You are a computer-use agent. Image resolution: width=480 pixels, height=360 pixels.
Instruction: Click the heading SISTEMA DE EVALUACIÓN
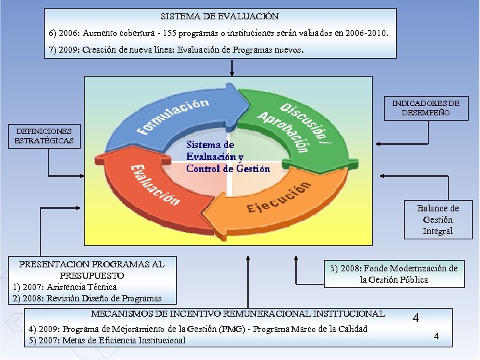coord(219,16)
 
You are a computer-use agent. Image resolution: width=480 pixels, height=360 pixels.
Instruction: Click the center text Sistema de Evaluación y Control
coord(228,157)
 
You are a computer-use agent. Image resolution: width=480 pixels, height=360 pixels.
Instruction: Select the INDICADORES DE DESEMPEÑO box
coord(425,108)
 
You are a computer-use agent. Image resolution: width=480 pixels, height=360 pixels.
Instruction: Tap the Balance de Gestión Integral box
coord(437,219)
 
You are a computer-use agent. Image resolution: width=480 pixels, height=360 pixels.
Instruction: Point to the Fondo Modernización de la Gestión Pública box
coord(394,273)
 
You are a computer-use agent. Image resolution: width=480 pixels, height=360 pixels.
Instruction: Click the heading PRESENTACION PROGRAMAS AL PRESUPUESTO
coord(92,269)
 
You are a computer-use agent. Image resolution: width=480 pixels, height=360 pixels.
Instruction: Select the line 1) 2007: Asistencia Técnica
coord(65,287)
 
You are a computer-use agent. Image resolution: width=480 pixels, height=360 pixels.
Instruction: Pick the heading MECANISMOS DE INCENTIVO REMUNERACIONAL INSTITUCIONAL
coord(238,313)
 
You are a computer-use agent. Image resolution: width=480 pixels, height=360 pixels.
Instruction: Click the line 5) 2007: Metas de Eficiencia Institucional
coord(107,340)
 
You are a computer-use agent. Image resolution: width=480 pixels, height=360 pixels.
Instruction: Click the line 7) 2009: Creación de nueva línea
coord(176,50)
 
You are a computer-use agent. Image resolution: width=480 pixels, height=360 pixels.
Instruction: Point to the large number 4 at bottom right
coord(415,319)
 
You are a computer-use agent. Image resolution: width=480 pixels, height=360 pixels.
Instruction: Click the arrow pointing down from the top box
coord(231,67)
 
